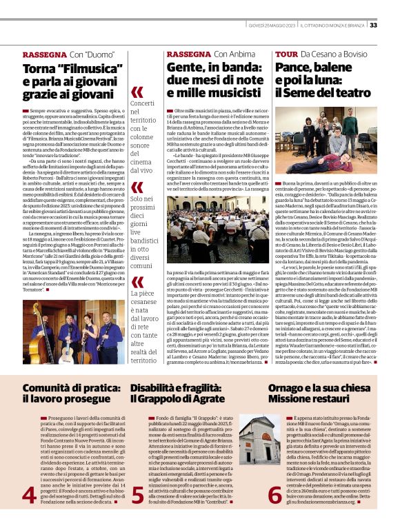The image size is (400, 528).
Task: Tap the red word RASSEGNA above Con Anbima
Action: coord(189,54)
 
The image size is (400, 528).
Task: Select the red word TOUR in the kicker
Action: coord(286,54)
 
